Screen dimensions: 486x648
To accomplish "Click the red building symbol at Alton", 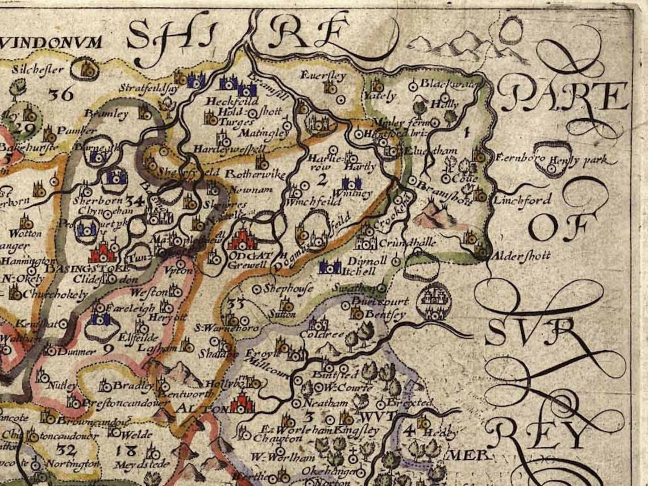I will (x=242, y=403).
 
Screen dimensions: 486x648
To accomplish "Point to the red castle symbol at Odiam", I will (x=242, y=239).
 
